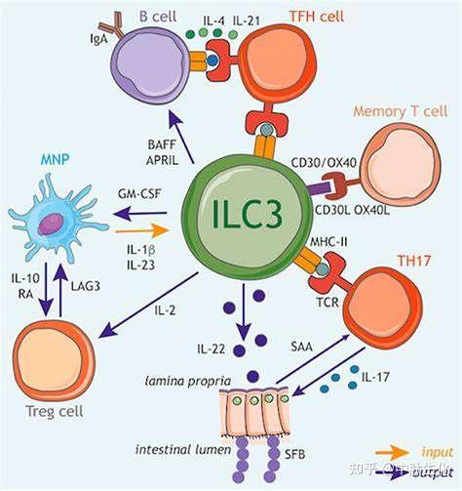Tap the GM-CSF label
pyautogui.click(x=138, y=194)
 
